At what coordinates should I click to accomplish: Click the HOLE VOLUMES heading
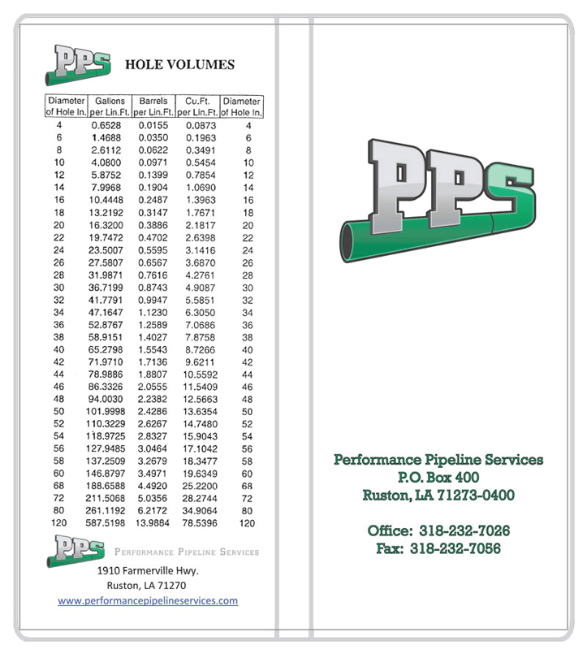click(x=179, y=65)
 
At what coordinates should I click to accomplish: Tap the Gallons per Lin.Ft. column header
click(x=110, y=106)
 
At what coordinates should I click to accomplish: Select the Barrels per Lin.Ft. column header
click(x=153, y=106)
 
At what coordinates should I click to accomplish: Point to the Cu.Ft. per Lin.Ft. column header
click(x=197, y=106)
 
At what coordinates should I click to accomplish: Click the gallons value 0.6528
click(x=106, y=126)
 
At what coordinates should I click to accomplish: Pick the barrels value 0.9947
click(x=153, y=300)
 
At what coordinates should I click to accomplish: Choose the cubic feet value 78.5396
click(x=198, y=524)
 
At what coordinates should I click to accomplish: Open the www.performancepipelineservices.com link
click(x=147, y=601)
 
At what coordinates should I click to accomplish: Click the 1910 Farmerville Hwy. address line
click(x=147, y=570)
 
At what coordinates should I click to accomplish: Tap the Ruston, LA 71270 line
click(x=147, y=585)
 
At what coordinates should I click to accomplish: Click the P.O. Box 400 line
click(x=438, y=477)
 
